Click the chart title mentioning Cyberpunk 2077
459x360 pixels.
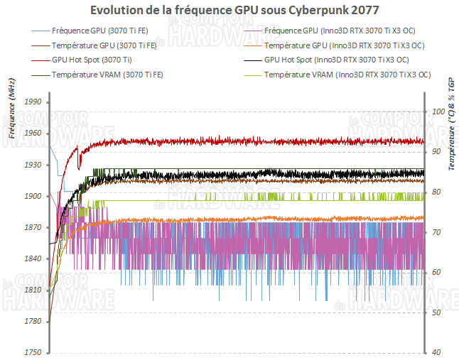[x=230, y=11]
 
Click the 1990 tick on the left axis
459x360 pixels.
[x=33, y=102]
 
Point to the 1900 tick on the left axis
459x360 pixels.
[x=33, y=196]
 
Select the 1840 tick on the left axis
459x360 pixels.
[x=33, y=259]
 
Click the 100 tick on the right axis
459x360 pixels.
[x=438, y=112]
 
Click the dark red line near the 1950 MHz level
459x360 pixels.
[x=249, y=142]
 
